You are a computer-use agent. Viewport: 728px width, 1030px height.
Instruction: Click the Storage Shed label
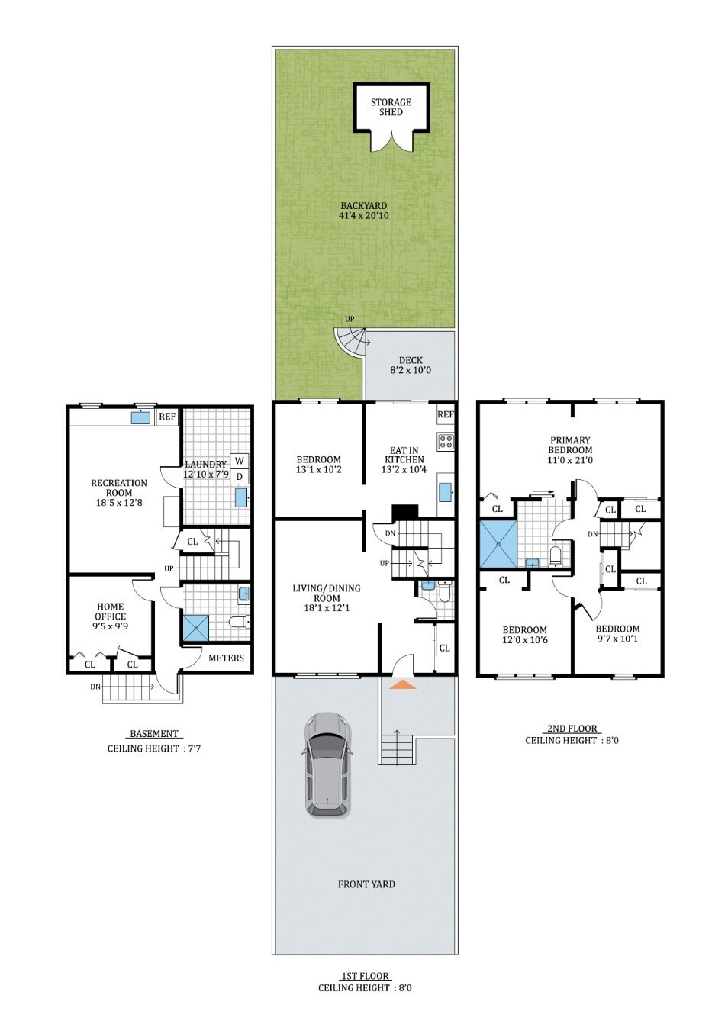tap(391, 107)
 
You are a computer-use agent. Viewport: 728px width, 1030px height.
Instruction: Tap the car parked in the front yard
tap(328, 765)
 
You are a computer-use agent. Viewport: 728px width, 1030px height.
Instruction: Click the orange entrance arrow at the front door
tap(403, 685)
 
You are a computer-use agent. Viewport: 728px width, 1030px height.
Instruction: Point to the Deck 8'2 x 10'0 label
tap(411, 365)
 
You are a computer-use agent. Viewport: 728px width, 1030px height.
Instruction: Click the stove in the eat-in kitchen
tap(446, 440)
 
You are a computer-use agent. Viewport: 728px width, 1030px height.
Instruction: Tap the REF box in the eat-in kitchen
tap(446, 415)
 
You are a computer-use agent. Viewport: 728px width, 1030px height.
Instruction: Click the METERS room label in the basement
tap(226, 658)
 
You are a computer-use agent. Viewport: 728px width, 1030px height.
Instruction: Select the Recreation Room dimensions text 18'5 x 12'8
tap(118, 502)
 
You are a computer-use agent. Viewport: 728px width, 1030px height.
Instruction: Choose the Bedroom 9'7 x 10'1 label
tap(617, 633)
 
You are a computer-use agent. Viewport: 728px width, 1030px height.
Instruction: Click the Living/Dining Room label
tap(326, 593)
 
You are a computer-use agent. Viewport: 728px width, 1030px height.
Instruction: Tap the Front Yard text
tap(366, 884)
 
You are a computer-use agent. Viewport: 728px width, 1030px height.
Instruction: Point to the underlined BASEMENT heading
tap(153, 734)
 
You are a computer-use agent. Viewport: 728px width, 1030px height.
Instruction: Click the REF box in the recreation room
tap(167, 417)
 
